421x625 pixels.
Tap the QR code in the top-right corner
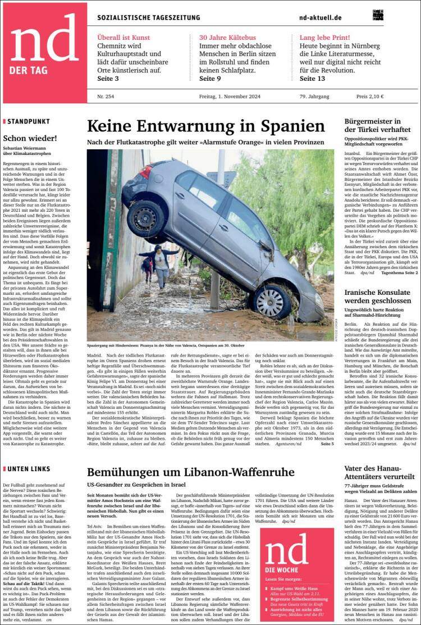(x=377, y=15)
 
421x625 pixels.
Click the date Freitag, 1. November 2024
(x=228, y=97)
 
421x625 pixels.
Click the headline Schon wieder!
(x=28, y=138)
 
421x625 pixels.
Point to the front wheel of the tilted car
(x=271, y=302)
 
